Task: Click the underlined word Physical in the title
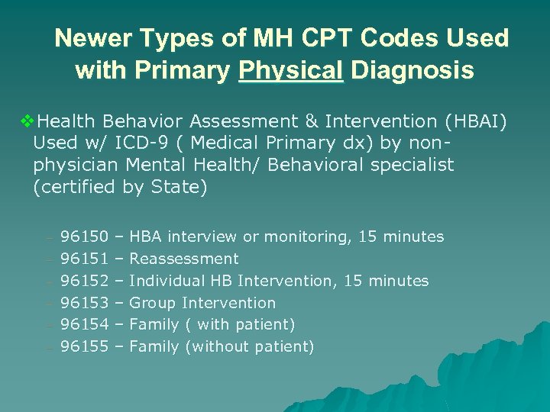[x=290, y=71]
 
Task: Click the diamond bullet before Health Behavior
[x=27, y=121]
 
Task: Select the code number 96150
[x=84, y=237]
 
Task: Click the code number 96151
[x=84, y=259]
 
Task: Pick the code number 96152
[x=84, y=281]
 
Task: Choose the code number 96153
[x=84, y=303]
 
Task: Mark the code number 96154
[x=84, y=325]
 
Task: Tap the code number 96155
[x=84, y=347]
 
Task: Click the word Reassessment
[x=184, y=259]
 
